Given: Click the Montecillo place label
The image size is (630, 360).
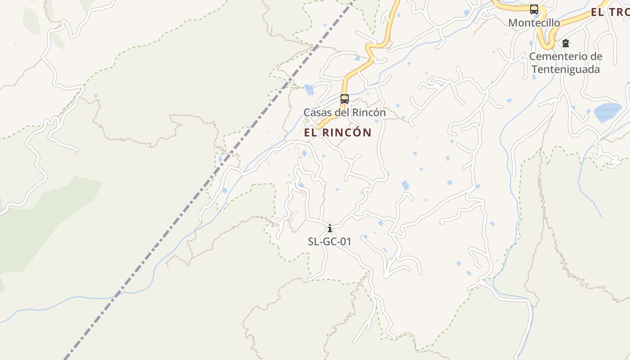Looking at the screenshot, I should click(534, 23).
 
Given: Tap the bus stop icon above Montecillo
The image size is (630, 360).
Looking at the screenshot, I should click(534, 9).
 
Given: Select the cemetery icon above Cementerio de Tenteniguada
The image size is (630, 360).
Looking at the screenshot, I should click(566, 43).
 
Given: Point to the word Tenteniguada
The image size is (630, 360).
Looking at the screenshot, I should click(566, 70).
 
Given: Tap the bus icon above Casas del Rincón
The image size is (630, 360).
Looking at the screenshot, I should click(345, 99).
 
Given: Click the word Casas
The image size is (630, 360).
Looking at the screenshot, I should click(316, 112).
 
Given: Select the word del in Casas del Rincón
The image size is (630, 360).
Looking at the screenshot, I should click(342, 112).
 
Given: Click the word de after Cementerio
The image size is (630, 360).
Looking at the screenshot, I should click(596, 57).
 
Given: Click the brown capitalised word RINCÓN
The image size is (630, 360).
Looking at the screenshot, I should click(347, 133).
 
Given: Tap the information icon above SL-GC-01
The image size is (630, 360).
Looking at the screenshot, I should click(330, 228).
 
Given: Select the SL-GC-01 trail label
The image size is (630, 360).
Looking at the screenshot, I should click(329, 242).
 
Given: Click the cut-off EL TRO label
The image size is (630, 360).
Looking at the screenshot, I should click(610, 13).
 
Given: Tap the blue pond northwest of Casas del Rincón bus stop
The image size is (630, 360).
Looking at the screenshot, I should click(309, 90).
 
